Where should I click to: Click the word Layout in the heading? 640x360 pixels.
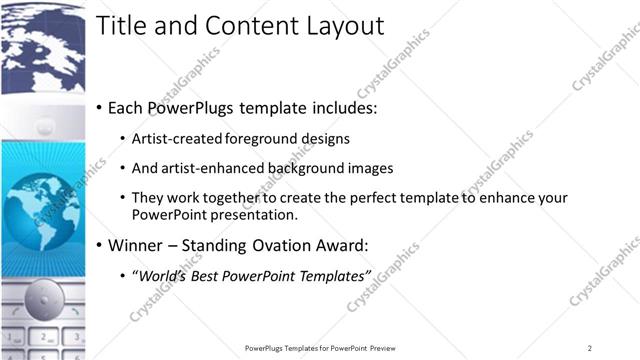(x=343, y=26)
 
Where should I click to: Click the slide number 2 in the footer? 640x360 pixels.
(x=590, y=348)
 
